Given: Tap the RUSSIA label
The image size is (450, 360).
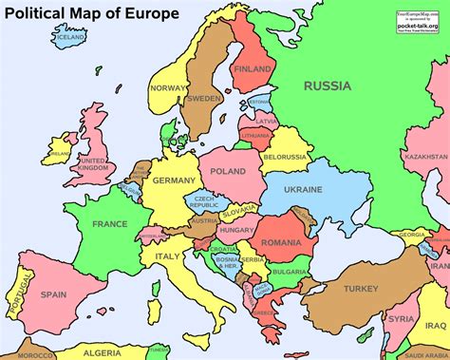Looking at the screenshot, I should pyautogui.click(x=328, y=85).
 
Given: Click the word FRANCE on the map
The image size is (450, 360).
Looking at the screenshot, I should pyautogui.click(x=109, y=223).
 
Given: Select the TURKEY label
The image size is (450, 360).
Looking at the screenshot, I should pyautogui.click(x=361, y=288).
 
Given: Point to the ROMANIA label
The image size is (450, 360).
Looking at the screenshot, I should pyautogui.click(x=282, y=243).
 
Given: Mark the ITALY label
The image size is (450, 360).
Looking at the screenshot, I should pyautogui.click(x=167, y=256).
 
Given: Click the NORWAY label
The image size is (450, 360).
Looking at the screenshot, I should pyautogui.click(x=165, y=88).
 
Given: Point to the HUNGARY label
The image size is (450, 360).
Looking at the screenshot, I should pyautogui.click(x=234, y=230).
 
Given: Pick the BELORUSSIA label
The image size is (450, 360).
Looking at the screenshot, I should pyautogui.click(x=284, y=156).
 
